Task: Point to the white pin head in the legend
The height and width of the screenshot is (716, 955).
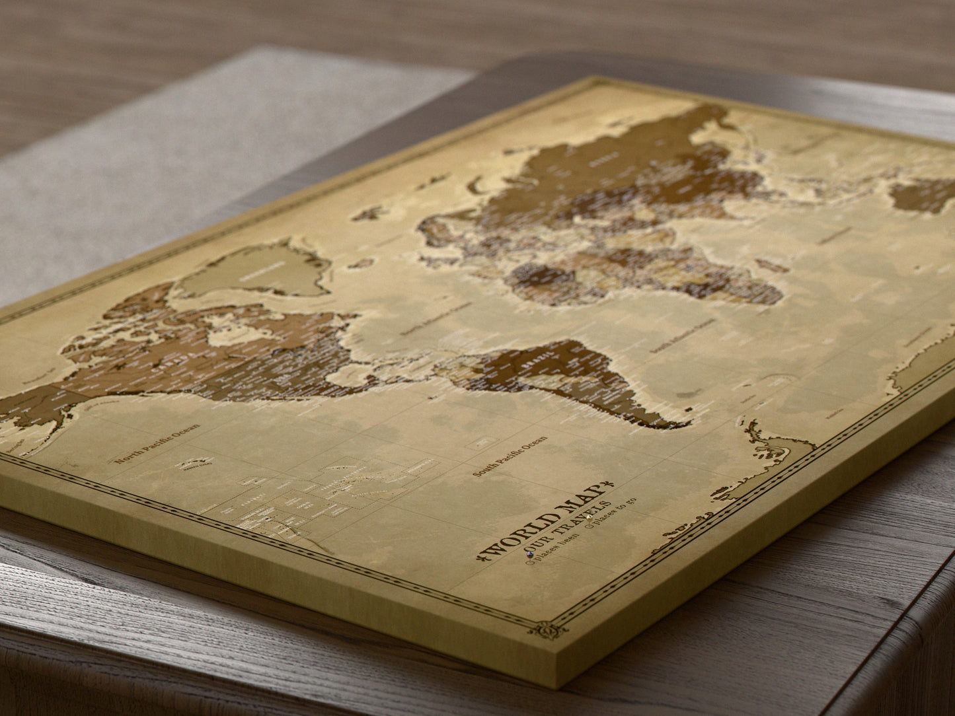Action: (589, 517)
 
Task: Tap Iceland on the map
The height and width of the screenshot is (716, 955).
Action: (368, 213)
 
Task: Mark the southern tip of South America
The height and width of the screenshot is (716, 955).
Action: (681, 423)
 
